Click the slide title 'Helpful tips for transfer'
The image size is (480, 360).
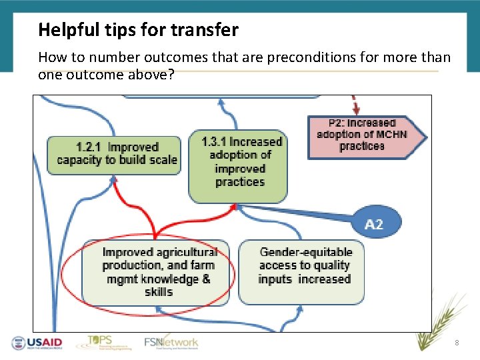coord(138,30)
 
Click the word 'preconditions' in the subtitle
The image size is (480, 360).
coord(307,58)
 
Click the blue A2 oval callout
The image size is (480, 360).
coord(374,224)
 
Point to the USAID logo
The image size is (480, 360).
coord(37,343)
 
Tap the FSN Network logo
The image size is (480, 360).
coord(171,343)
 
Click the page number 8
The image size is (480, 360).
coord(457,343)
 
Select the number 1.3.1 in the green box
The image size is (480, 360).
coord(215,141)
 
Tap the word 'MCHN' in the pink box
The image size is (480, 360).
coord(391,135)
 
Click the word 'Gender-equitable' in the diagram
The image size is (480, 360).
coord(306,252)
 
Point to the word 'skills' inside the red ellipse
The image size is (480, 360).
coord(159,292)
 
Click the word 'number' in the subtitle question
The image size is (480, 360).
coord(102,58)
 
